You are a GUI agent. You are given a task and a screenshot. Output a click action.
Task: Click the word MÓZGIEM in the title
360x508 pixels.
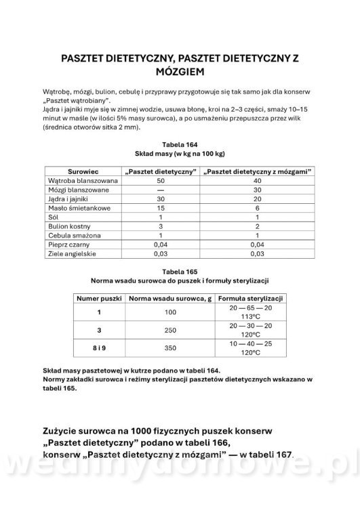[x=180, y=70]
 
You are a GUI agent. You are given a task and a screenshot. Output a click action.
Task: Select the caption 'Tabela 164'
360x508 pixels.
[x=180, y=144]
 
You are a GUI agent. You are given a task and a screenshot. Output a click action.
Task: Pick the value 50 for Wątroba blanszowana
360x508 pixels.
[x=160, y=182]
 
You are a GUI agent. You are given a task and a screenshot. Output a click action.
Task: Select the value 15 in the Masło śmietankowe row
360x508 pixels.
[x=160, y=210]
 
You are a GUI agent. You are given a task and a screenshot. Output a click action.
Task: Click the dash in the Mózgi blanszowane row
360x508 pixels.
[x=160, y=191]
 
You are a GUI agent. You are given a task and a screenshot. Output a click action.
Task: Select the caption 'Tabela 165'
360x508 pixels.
[x=180, y=270]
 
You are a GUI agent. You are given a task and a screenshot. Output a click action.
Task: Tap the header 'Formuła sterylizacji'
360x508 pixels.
[x=250, y=298]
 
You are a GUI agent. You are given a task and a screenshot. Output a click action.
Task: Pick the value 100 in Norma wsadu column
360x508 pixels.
[x=169, y=312]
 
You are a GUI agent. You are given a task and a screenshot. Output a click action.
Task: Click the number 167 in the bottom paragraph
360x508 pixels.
[x=282, y=454]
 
